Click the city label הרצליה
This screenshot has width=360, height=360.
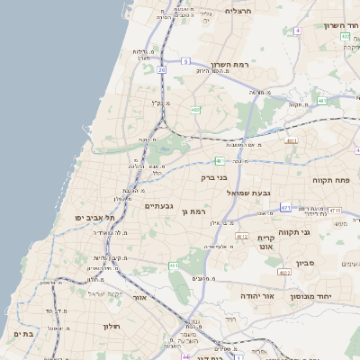(240, 12)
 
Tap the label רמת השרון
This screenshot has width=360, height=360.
(229, 65)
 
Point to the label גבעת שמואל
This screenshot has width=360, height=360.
(262, 193)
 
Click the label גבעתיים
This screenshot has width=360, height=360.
(158, 206)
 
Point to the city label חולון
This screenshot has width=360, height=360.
(111, 326)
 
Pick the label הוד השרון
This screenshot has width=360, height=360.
(341, 25)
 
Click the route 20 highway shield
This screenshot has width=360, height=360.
(161, 69)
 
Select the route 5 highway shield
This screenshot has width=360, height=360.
(185, 61)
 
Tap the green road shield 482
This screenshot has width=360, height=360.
(195, 110)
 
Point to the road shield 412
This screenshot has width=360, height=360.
(241, 237)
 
